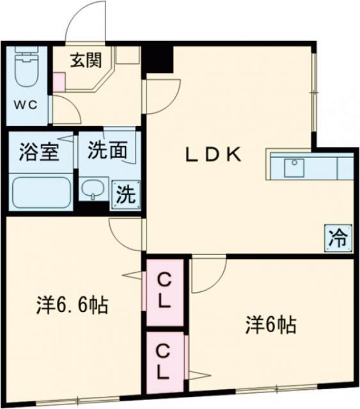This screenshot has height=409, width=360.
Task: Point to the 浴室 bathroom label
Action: tap(27, 153)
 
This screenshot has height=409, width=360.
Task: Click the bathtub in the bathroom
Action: tap(40, 189)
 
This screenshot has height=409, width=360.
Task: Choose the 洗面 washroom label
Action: tap(106, 151)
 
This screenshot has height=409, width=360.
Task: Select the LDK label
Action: tap(214, 154)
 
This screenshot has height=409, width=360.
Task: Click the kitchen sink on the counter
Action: tap(295, 167)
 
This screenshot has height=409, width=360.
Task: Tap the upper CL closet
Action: tap(165, 291)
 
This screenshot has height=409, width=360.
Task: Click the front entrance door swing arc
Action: tap(83, 19)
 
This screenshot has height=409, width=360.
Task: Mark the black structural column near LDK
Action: tap(157, 59)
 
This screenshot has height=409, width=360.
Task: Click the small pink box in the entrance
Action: tap(59, 81)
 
